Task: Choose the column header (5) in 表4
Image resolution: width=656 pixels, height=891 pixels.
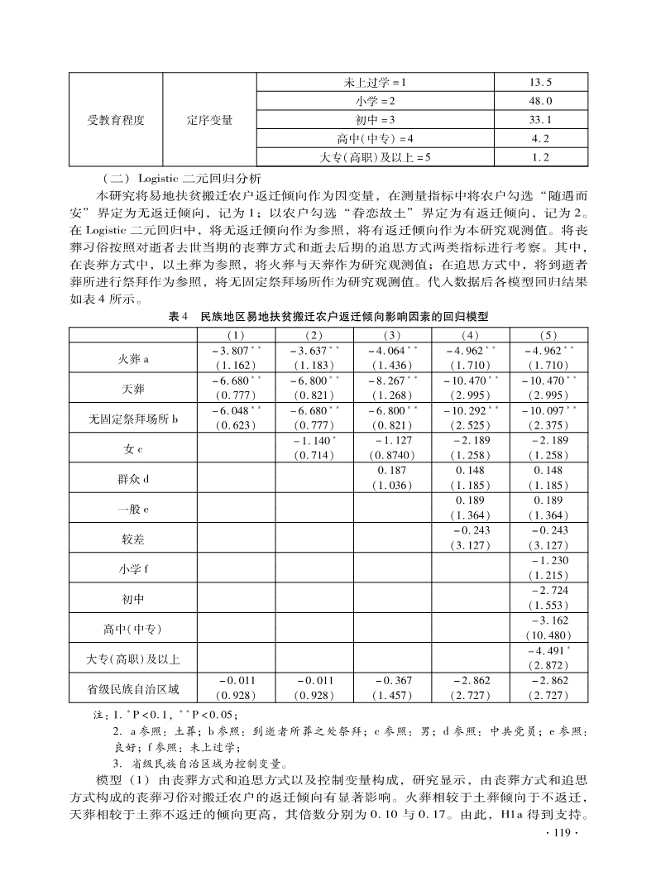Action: (x=548, y=335)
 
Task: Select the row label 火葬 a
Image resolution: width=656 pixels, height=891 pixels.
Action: (x=132, y=359)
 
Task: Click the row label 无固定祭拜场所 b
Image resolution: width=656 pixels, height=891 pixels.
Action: (x=132, y=419)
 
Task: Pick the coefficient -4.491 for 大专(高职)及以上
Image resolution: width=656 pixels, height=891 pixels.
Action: (x=548, y=650)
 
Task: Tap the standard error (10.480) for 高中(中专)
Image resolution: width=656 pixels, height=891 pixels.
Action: (x=548, y=635)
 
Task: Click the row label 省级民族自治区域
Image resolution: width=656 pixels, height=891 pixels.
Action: (x=132, y=687)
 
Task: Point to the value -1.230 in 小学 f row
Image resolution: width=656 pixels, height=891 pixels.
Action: (x=548, y=561)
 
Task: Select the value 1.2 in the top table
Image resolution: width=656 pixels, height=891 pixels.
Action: (x=540, y=156)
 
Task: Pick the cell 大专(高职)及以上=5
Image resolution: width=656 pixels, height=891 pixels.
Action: (x=376, y=156)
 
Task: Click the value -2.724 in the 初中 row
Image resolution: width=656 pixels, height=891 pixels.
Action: (x=548, y=591)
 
